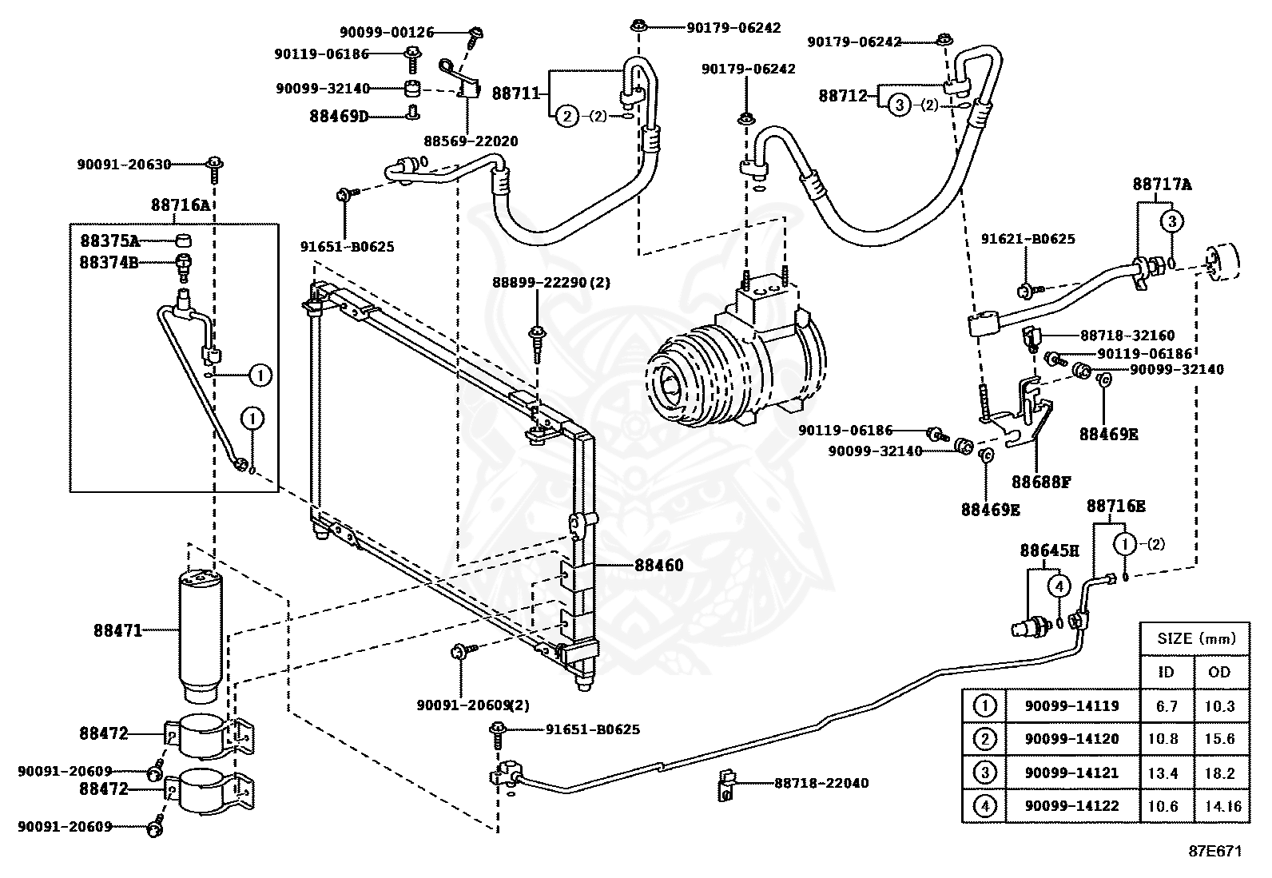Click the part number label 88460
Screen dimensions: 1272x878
point(658,565)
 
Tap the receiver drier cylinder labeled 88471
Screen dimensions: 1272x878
point(201,637)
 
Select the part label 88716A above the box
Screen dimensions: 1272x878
point(180,205)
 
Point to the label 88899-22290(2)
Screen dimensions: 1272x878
point(551,282)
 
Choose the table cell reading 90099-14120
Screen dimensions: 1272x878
point(1071,739)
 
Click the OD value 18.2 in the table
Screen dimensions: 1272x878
point(1220,773)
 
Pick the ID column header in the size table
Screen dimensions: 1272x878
point(1166,673)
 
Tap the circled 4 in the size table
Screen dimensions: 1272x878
point(984,806)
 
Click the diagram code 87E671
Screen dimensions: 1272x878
point(1215,852)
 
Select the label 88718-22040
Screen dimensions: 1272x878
point(821,783)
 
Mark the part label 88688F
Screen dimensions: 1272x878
point(1041,483)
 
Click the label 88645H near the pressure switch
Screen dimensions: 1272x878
point(1049,550)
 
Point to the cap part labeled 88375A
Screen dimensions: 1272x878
point(182,240)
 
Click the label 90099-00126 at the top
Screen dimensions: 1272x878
point(387,33)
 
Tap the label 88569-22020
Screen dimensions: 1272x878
point(471,141)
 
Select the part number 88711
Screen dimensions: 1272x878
point(516,93)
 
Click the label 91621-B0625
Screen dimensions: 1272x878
point(1028,239)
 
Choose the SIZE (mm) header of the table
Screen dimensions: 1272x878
point(1196,639)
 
